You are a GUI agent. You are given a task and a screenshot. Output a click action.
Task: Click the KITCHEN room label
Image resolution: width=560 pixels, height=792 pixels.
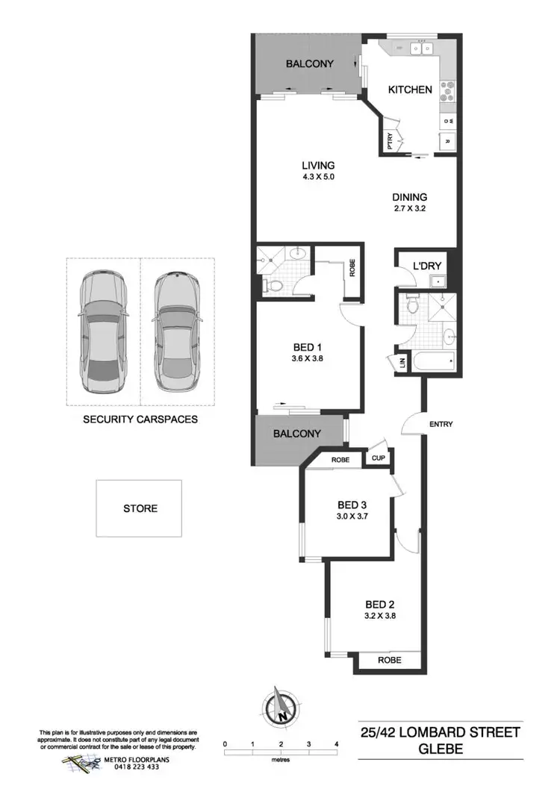[x=410, y=90]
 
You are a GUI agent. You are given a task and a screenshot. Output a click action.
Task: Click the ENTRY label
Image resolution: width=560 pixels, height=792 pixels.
[x=441, y=425]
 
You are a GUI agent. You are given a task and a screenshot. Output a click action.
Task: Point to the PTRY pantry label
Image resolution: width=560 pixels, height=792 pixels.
[x=390, y=139]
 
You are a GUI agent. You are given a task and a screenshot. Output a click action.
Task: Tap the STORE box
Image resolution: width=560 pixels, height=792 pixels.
[x=140, y=508]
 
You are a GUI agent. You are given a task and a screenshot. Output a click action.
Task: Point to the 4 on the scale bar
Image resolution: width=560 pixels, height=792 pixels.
[x=337, y=744]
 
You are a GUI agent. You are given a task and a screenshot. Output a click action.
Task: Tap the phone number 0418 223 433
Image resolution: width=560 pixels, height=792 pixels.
[x=131, y=767]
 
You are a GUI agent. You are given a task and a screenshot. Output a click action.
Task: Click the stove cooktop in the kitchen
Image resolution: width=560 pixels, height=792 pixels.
[x=448, y=91]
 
